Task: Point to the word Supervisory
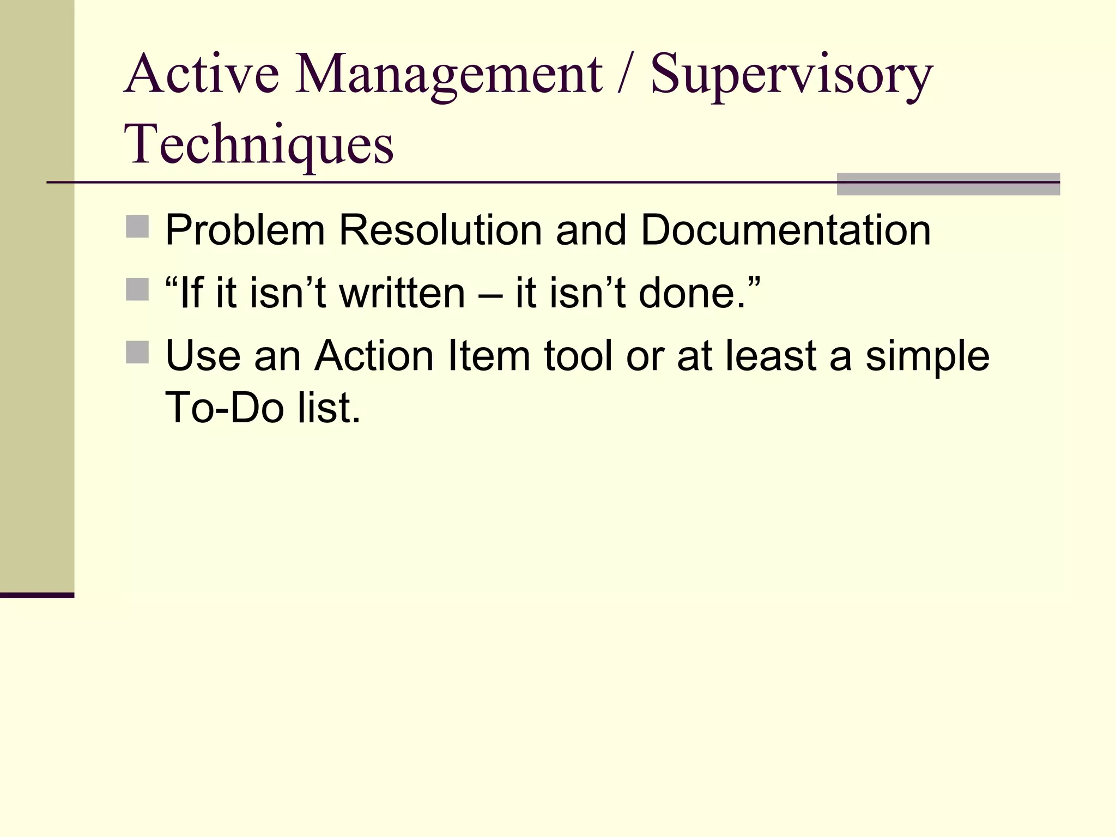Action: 791,76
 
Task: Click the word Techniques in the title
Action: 259,144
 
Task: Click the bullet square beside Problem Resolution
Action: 137,227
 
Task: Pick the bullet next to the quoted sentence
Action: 137,290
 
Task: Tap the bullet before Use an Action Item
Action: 137,352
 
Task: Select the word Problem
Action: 245,230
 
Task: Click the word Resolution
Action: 440,230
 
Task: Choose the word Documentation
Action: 785,230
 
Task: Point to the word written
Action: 403,293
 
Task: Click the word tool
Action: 578,356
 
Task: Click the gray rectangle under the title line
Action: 948,184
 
